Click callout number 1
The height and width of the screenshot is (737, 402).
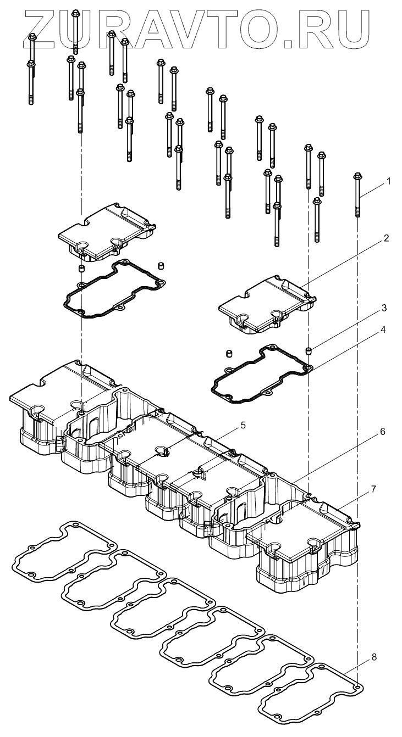click(389, 181)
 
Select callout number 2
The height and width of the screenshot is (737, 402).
click(387, 238)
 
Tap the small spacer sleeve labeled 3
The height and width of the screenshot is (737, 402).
click(309, 350)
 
